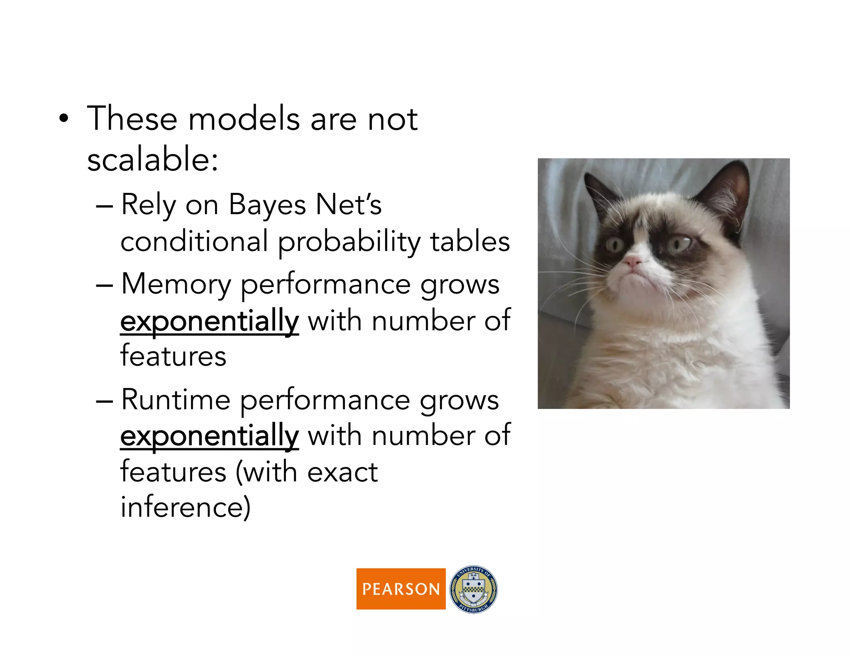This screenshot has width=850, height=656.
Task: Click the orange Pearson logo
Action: coord(401,588)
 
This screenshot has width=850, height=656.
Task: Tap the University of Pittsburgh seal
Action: coord(474,589)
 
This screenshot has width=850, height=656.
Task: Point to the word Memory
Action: coord(176,284)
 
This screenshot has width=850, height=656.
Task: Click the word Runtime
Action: coord(176,400)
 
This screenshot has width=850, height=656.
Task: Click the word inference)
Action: coord(186,507)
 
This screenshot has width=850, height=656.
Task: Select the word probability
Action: coord(349,242)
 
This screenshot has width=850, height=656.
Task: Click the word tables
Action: coord(470,241)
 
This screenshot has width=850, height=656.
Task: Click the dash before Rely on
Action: coord(104,206)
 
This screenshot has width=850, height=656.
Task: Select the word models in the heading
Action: coord(244,119)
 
